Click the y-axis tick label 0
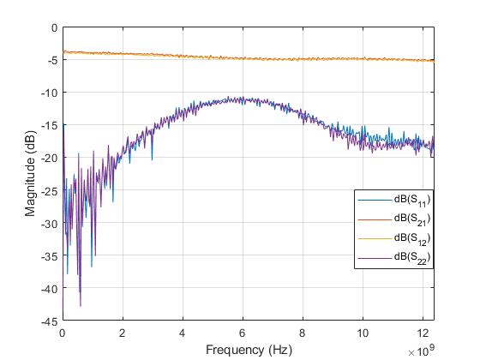[x=53, y=27]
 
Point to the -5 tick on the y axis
[x=51, y=60]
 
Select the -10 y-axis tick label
[x=49, y=93]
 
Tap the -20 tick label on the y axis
[x=49, y=158]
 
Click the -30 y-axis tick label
[x=49, y=223]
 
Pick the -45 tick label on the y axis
[x=49, y=321]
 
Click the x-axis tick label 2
[x=123, y=333]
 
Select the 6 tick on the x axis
[x=243, y=333]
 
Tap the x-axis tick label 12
[x=423, y=333]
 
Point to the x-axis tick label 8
[x=303, y=333]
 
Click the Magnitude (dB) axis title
[x=30, y=174]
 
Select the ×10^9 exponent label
[x=421, y=351]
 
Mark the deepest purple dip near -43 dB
[x=81, y=305]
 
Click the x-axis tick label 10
[x=363, y=333]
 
